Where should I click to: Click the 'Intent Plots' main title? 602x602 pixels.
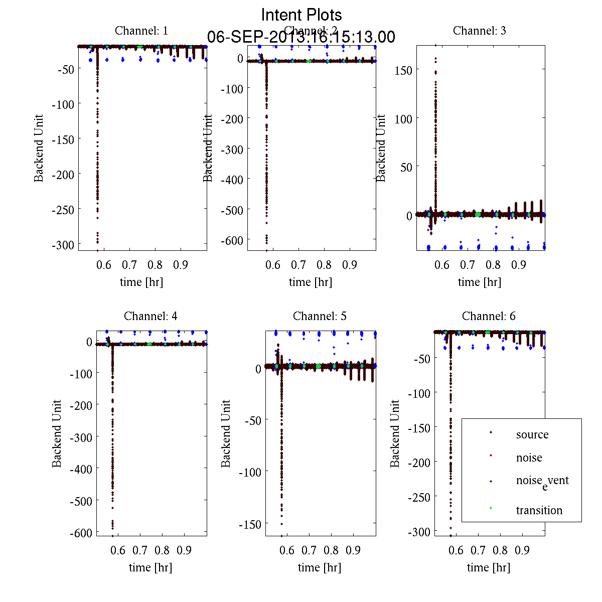coord(302,15)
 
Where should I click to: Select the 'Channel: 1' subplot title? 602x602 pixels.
coord(141,31)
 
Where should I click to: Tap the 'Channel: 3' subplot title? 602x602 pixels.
coord(479,31)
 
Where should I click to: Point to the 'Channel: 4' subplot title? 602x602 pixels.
coord(150,316)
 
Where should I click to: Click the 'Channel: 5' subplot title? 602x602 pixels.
coord(320,316)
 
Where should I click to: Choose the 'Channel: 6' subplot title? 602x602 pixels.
coord(489,316)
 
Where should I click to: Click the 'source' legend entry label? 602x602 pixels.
coord(532,434)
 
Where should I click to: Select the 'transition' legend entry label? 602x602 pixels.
coord(539,510)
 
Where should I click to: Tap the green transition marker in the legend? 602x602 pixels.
coord(491,508)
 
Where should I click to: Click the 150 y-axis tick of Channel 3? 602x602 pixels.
coord(403,70)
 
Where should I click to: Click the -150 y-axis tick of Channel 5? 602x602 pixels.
coord(250,524)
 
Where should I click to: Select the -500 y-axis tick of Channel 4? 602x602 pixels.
coord(81,501)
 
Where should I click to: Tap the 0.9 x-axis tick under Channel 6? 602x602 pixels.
coord(522,550)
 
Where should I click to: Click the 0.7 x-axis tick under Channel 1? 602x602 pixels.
coord(129,265)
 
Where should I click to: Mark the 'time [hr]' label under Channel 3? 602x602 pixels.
coord(479,282)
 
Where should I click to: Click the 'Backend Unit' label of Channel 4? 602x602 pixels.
coord(57,433)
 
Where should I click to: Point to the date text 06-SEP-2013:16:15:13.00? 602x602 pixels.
coord(302,37)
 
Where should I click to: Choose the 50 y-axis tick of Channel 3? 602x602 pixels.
coord(406,167)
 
